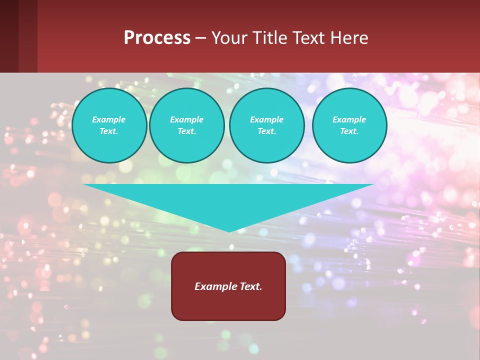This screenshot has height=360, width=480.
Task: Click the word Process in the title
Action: (157, 38)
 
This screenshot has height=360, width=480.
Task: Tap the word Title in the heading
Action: (269, 38)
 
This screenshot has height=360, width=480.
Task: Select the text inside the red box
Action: (228, 286)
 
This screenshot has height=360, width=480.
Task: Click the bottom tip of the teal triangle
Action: (229, 230)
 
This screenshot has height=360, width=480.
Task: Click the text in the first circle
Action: (109, 125)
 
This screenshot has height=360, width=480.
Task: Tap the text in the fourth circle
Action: (349, 125)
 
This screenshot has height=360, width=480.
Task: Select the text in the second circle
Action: (186, 125)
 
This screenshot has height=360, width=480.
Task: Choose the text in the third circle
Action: (266, 125)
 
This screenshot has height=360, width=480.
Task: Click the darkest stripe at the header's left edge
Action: (9, 36)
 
